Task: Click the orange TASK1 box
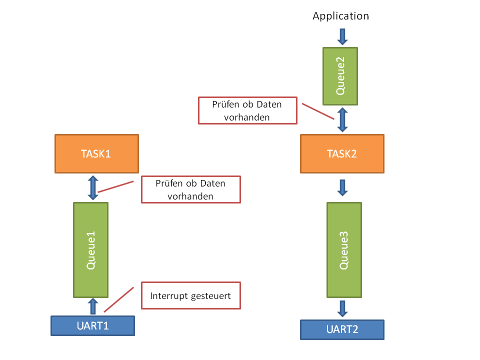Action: (x=96, y=153)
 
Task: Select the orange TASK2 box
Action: (x=342, y=153)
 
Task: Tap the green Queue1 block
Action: (x=91, y=249)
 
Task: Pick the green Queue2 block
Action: (x=340, y=76)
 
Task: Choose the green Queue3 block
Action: (x=344, y=249)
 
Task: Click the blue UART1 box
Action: (x=93, y=325)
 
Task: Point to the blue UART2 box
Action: (x=342, y=329)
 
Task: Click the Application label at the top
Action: (x=340, y=16)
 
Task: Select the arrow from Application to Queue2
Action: (x=342, y=36)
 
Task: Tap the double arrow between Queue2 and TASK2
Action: (x=342, y=119)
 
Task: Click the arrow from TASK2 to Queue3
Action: (x=342, y=187)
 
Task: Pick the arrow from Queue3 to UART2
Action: (x=342, y=308)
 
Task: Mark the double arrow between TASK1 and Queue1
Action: (x=93, y=187)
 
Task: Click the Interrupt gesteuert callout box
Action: (x=190, y=296)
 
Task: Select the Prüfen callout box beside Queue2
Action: (x=247, y=110)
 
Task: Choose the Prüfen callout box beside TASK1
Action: (x=190, y=189)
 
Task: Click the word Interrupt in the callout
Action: (x=169, y=296)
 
